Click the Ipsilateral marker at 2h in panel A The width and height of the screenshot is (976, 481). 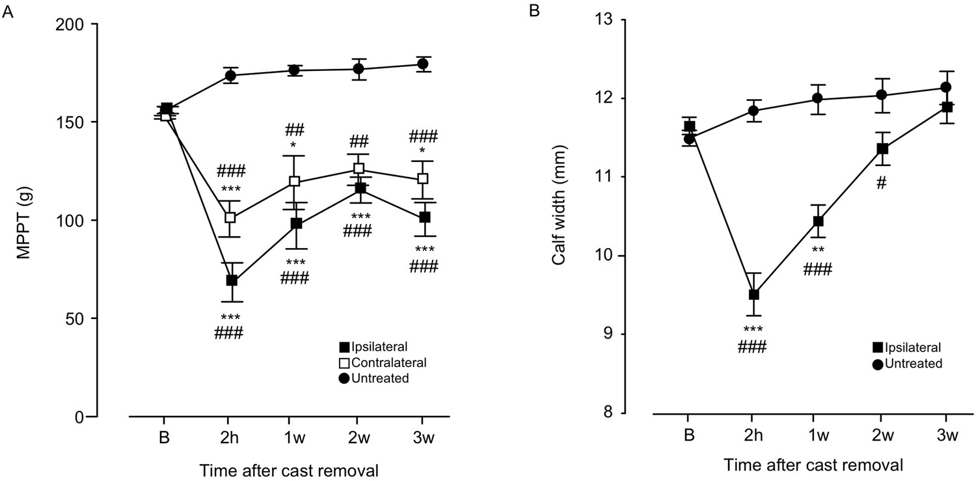[231, 281]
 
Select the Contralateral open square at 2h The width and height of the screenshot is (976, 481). [230, 217]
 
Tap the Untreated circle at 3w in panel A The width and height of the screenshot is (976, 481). [422, 64]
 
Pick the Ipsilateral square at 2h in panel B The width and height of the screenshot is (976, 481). [754, 294]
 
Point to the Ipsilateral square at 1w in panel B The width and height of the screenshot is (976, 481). [818, 221]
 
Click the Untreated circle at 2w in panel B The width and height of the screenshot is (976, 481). [882, 95]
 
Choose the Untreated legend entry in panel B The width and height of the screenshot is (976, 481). [909, 363]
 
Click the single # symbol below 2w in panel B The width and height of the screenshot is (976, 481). [882, 184]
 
